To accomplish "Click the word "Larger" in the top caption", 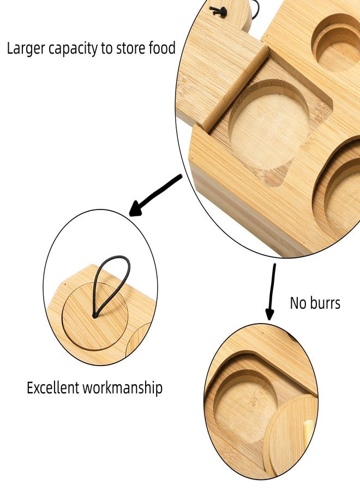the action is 26,49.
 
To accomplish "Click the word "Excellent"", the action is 53,388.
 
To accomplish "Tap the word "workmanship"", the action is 122,388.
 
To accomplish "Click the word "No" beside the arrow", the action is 297,303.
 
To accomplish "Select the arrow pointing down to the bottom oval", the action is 271,291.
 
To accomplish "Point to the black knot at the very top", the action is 219,11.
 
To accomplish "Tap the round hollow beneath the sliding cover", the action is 270,122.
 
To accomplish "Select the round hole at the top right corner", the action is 337,42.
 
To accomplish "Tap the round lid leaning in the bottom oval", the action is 290,437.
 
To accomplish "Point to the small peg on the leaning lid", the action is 308,429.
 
